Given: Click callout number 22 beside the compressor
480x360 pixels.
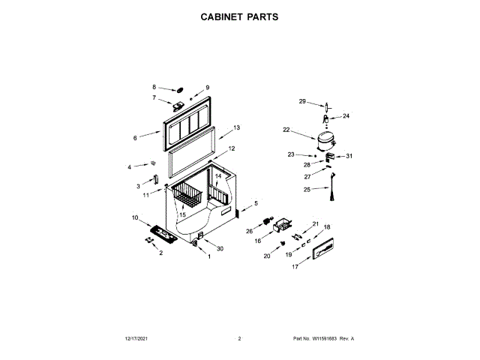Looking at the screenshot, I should pyautogui.click(x=286, y=130).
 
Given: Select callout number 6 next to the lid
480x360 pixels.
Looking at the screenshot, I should pyautogui.click(x=135, y=138).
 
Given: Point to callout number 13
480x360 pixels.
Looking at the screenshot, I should pyautogui.click(x=236, y=128).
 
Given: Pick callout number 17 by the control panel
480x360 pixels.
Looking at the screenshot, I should pyautogui.click(x=295, y=267).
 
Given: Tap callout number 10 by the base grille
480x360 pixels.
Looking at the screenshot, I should pyautogui.click(x=135, y=218).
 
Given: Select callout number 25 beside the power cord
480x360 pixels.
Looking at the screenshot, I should pyautogui.click(x=306, y=190).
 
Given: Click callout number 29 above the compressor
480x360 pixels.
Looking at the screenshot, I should pyautogui.click(x=302, y=101).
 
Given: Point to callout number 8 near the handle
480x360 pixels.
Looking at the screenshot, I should pyautogui.click(x=154, y=87).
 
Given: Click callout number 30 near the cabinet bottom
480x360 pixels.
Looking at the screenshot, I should pyautogui.click(x=220, y=248).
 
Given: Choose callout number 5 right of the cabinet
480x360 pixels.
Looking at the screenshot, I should pyautogui.click(x=255, y=203).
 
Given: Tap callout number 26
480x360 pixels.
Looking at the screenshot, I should pyautogui.click(x=249, y=231).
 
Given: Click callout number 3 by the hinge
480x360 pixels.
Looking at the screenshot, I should pyautogui.click(x=138, y=185).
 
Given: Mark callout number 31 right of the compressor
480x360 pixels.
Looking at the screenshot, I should pyautogui.click(x=349, y=157).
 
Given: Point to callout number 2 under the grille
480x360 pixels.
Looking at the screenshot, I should pyautogui.click(x=160, y=253).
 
